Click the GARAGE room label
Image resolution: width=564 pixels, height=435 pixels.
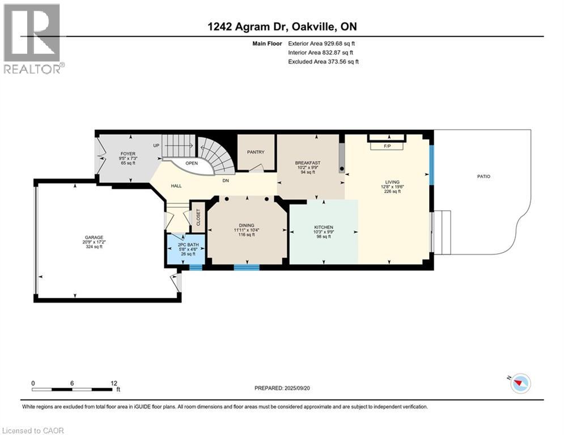(94, 237)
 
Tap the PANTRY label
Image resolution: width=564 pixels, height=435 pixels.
(256, 152)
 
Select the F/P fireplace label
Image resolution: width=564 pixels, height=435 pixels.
(387, 146)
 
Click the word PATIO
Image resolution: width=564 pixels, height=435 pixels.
(484, 177)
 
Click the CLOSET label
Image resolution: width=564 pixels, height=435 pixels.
(198, 217)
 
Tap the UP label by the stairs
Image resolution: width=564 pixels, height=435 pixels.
(156, 146)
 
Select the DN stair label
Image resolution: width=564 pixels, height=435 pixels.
(226, 181)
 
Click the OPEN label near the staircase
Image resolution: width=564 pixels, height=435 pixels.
(192, 163)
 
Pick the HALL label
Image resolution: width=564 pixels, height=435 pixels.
(176, 186)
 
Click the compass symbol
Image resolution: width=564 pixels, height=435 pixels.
(520, 383)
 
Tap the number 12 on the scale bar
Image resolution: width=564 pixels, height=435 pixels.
(114, 383)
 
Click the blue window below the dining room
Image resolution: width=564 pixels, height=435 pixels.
(247, 267)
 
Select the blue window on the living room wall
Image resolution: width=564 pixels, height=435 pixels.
(431, 164)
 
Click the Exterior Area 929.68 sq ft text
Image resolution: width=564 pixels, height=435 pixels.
(321, 44)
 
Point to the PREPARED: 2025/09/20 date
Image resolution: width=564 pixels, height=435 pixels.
(282, 388)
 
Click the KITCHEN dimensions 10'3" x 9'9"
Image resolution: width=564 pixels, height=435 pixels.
(324, 232)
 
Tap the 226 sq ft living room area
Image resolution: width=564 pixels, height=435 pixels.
(392, 191)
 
